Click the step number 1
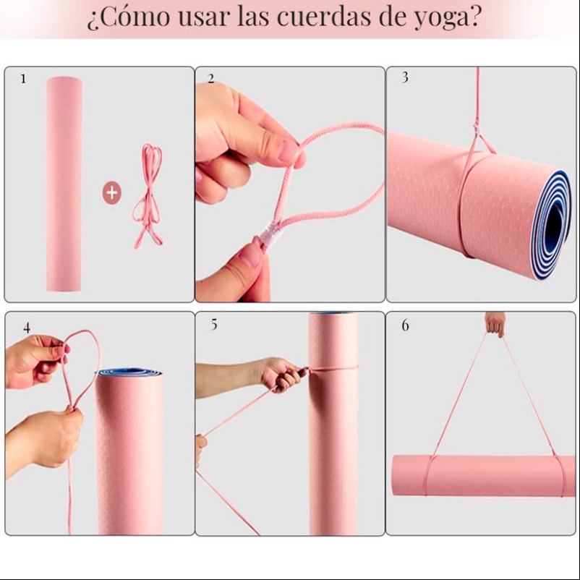[x=23, y=79]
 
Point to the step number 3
[x=405, y=77]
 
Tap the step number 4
[x=27, y=328]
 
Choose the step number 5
[x=214, y=325]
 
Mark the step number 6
[x=406, y=325]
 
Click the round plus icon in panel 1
[x=111, y=192]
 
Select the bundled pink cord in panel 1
[x=148, y=196]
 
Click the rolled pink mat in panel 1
[x=64, y=184]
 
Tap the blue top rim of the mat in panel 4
[x=129, y=372]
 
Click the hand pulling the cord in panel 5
[x=283, y=374]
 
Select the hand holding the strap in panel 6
[x=495, y=323]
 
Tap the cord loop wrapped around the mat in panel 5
[x=333, y=368]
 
